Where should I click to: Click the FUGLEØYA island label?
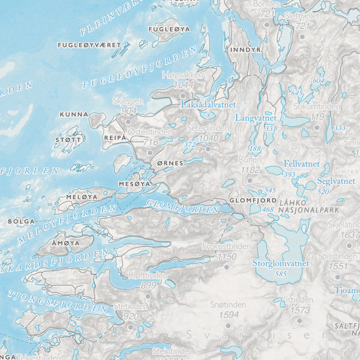click(x=169, y=29)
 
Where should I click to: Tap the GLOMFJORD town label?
click(x=252, y=200)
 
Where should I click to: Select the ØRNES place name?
click(x=170, y=163)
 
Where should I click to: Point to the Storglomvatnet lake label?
click(x=280, y=263)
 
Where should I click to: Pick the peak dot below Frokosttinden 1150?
click(x=227, y=266)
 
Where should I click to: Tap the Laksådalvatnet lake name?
click(x=208, y=105)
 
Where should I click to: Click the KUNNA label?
click(x=73, y=115)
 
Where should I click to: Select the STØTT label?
click(x=69, y=140)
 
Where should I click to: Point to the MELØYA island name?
click(x=82, y=197)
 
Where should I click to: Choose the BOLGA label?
click(x=21, y=222)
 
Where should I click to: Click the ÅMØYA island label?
click(x=66, y=243)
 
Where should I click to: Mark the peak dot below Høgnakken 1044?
click(x=183, y=95)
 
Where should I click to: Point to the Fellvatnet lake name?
click(x=301, y=164)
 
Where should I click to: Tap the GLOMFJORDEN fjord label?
click(x=183, y=206)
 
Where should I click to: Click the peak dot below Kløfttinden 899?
click(x=148, y=296)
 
